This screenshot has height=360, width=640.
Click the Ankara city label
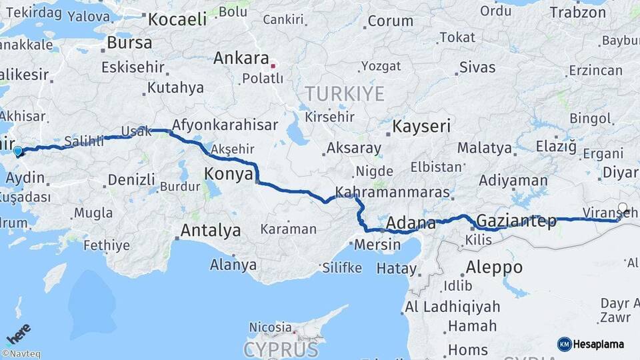[241, 59]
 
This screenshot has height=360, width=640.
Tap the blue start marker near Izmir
[17, 152]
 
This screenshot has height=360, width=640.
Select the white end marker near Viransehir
[623, 207]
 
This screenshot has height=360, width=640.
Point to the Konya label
[228, 173]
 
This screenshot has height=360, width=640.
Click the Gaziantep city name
[517, 221]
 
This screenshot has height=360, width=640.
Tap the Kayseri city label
[421, 125]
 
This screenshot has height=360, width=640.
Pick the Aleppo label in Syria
[494, 267]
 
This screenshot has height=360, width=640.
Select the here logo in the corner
[19, 333]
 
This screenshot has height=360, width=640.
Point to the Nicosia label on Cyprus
[270, 327]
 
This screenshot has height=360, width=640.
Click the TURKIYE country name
[345, 93]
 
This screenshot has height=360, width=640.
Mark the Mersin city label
[377, 245]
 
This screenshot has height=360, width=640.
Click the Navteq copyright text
[21, 354]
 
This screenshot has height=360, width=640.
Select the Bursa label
[129, 43]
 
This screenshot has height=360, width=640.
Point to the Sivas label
[477, 67]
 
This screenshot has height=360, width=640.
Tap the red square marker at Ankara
[273, 66]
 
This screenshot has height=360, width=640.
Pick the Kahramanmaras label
[392, 192]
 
